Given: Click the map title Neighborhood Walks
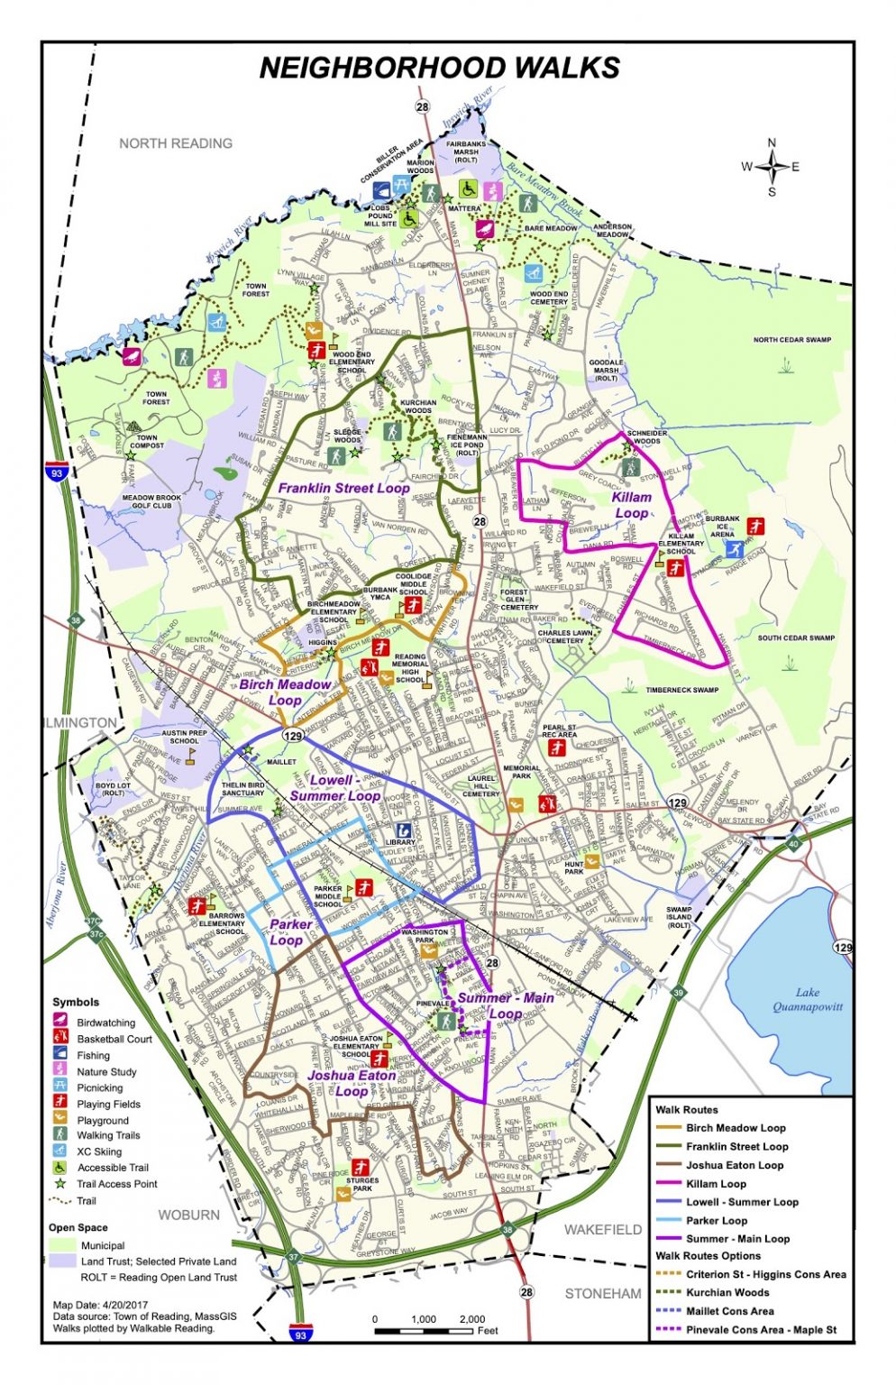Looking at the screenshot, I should click(439, 69).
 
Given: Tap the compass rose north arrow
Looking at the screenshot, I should click(772, 153).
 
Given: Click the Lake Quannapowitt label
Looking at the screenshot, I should click(807, 999).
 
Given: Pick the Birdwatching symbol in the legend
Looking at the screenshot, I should click(60, 1022).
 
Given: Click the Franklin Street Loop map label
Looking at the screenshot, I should click(343, 488).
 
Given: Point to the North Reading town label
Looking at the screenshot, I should click(176, 143).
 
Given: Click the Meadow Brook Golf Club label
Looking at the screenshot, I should click(151, 501).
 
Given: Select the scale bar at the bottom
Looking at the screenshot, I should click(424, 1331).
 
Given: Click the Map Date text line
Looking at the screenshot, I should click(100, 1304).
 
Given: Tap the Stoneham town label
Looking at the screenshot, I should click(603, 1293).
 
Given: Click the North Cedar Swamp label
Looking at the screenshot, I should click(792, 340).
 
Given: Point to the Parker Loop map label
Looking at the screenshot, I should click(290, 931).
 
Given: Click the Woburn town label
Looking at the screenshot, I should click(188, 1215).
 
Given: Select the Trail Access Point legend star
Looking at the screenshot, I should click(60, 1184).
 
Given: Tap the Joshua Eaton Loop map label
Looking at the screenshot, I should click(352, 1083).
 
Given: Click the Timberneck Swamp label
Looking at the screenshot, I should click(681, 690).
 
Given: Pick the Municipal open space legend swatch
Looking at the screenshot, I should click(62, 1245).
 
